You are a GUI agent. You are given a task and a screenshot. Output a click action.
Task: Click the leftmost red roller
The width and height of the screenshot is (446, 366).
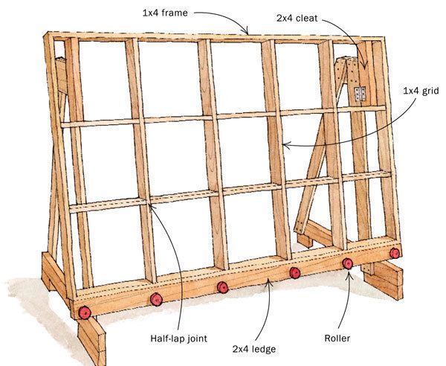point(85,310)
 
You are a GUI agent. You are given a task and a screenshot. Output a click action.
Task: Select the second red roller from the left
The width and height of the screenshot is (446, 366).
point(156,299)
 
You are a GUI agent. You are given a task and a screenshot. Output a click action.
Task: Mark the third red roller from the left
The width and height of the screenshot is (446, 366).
point(223,287)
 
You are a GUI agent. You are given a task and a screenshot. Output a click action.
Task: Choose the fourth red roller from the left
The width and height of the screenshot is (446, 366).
point(295,273)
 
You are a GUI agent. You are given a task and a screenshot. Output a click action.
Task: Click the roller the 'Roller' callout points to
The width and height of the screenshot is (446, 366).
point(347,264)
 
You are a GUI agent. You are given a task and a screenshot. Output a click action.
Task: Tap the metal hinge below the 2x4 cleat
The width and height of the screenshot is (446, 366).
point(362,94)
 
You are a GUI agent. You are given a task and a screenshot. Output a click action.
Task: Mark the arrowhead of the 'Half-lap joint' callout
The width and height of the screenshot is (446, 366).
point(150,208)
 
